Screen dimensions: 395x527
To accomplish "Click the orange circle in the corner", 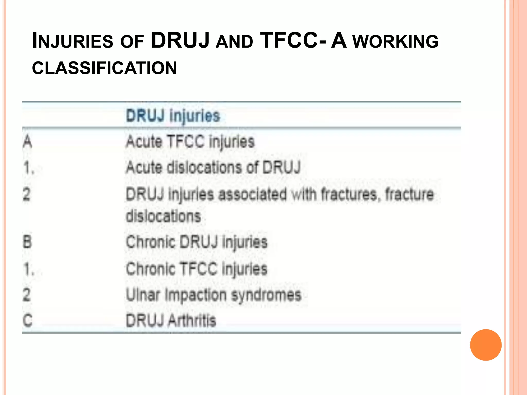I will [486, 345].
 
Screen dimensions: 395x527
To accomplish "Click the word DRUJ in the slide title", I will [180, 40].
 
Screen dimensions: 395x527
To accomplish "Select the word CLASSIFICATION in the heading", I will [104, 68].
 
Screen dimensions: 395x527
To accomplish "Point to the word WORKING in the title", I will [395, 42].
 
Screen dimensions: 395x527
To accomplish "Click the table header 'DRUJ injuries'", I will [173, 116].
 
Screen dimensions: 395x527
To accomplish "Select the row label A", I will [28, 142].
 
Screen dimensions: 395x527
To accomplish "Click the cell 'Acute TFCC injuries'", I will [190, 142].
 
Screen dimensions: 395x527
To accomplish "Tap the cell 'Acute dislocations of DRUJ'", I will [213, 168].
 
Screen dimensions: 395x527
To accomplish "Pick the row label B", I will [27, 242].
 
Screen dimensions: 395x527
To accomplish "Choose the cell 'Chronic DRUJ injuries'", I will [197, 242].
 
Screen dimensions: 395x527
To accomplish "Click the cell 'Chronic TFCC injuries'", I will [197, 269].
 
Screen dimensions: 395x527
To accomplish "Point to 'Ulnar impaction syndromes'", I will [214, 295].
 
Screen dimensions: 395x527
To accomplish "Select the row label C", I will [28, 320].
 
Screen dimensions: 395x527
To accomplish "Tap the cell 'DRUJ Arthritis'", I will [171, 320].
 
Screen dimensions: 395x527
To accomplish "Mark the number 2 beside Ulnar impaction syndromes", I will [27, 295].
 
